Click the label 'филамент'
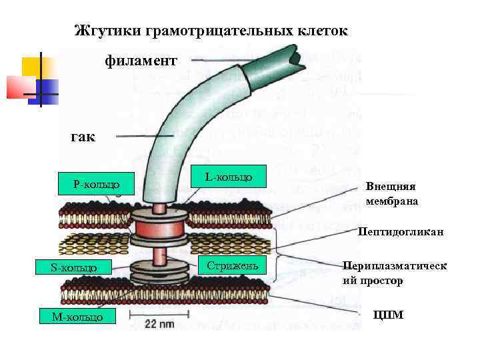pos(141,61)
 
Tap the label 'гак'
pos(83,138)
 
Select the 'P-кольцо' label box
pos(97,182)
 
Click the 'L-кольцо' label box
pos(229,177)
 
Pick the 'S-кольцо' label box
pos(73,268)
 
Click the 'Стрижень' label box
pos(229,266)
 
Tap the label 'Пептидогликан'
pos(391,233)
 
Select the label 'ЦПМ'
pos(389,314)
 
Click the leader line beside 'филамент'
pos(220,61)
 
